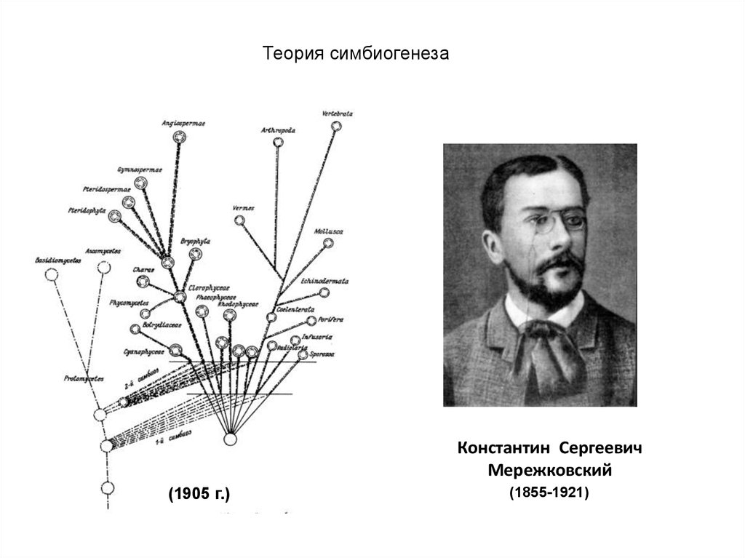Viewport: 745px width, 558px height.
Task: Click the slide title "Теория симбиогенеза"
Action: tap(356, 55)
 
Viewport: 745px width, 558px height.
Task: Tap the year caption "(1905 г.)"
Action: tap(199, 495)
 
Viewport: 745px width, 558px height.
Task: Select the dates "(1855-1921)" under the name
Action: tap(549, 493)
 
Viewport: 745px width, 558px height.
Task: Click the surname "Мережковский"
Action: tap(549, 471)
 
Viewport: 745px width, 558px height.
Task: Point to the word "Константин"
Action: tap(501, 447)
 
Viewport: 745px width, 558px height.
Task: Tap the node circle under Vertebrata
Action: tap(336, 127)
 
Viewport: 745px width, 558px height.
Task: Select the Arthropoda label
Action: tap(277, 130)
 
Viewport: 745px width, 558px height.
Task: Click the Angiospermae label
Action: tap(183, 123)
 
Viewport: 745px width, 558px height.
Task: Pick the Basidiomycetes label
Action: tap(57, 260)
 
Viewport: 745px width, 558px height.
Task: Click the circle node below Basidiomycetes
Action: tap(51, 275)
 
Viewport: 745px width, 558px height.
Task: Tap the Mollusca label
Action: tap(328, 231)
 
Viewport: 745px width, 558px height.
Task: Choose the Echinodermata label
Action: tap(324, 280)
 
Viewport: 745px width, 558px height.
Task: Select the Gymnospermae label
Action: tap(139, 170)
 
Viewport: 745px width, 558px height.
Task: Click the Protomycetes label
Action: tap(83, 379)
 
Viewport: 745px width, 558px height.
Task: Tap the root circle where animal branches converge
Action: tap(230, 439)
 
